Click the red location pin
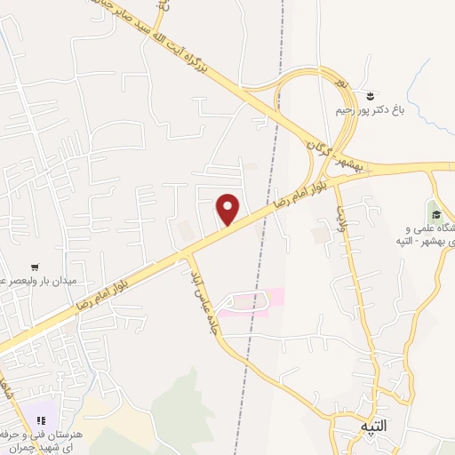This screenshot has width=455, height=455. coord(229,209)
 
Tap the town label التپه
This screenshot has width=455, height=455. coord(374,427)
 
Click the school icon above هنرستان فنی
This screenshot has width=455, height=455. coord(40,419)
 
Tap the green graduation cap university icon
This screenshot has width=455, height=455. coord(435,212)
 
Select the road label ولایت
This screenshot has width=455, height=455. coord(340,214)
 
